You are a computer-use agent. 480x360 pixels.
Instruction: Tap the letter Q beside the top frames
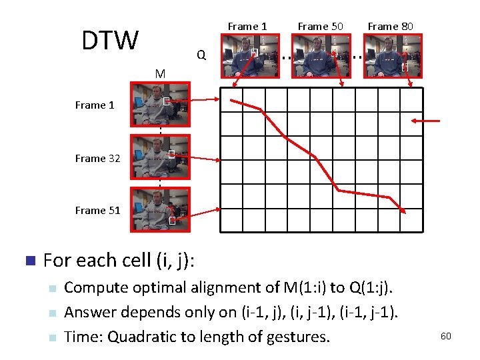click(x=201, y=55)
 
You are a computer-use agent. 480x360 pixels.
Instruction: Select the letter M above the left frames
click(x=160, y=73)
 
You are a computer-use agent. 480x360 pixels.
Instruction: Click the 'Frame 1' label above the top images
click(x=247, y=26)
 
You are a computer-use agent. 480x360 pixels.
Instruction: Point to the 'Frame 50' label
click(x=320, y=26)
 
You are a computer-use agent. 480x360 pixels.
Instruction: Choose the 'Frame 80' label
click(x=390, y=26)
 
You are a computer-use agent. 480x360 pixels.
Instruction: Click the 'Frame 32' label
click(x=98, y=158)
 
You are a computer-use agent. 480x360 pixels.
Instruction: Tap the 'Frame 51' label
click(x=98, y=210)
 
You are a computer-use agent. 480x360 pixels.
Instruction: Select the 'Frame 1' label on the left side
click(x=95, y=105)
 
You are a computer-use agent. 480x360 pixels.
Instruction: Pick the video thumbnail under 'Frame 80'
click(x=391, y=56)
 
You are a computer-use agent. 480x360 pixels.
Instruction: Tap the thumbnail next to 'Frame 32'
click(x=160, y=157)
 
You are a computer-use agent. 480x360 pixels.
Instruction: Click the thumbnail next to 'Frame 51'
click(x=160, y=209)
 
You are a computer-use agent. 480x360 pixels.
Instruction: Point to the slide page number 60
click(x=445, y=336)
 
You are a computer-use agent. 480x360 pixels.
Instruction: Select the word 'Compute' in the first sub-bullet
click(x=94, y=288)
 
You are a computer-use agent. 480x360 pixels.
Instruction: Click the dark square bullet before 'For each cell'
click(x=29, y=260)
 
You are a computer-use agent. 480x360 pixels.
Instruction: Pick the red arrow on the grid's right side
click(x=427, y=121)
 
